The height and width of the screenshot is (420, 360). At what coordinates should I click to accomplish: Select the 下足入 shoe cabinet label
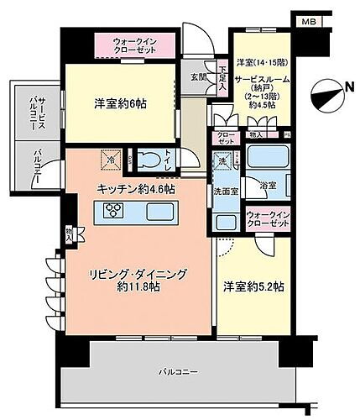[222, 78]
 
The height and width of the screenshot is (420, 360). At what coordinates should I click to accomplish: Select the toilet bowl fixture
[149, 158]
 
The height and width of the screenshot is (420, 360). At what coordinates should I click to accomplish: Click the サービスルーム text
[260, 77]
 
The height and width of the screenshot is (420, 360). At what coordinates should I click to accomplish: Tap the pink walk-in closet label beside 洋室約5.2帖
[266, 222]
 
